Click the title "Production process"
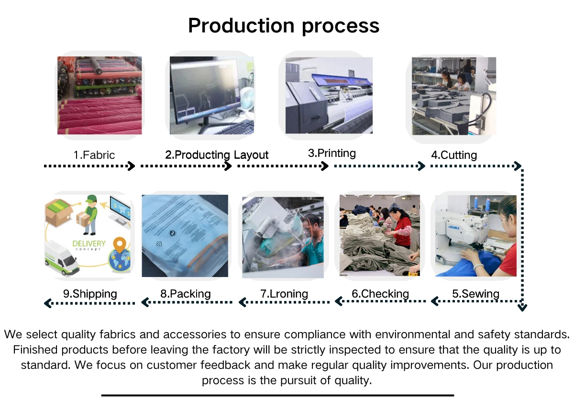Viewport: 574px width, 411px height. pos(284,25)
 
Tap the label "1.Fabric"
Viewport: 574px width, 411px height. pos(94,155)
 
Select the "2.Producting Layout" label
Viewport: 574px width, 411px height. pos(217,155)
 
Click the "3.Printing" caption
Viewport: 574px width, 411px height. pos(332,154)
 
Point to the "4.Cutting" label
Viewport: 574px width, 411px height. pos(454,155)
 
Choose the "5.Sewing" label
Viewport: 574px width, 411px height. pos(476,294)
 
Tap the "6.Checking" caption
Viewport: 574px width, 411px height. pos(380,294)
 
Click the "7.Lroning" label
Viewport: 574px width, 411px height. pos(284,294)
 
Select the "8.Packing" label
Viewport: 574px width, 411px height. pos(186,294)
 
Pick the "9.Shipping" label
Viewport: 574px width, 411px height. pos(90,294)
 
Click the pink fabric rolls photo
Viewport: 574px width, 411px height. pos(99,95)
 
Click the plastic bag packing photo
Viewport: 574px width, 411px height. pos(185,235)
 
